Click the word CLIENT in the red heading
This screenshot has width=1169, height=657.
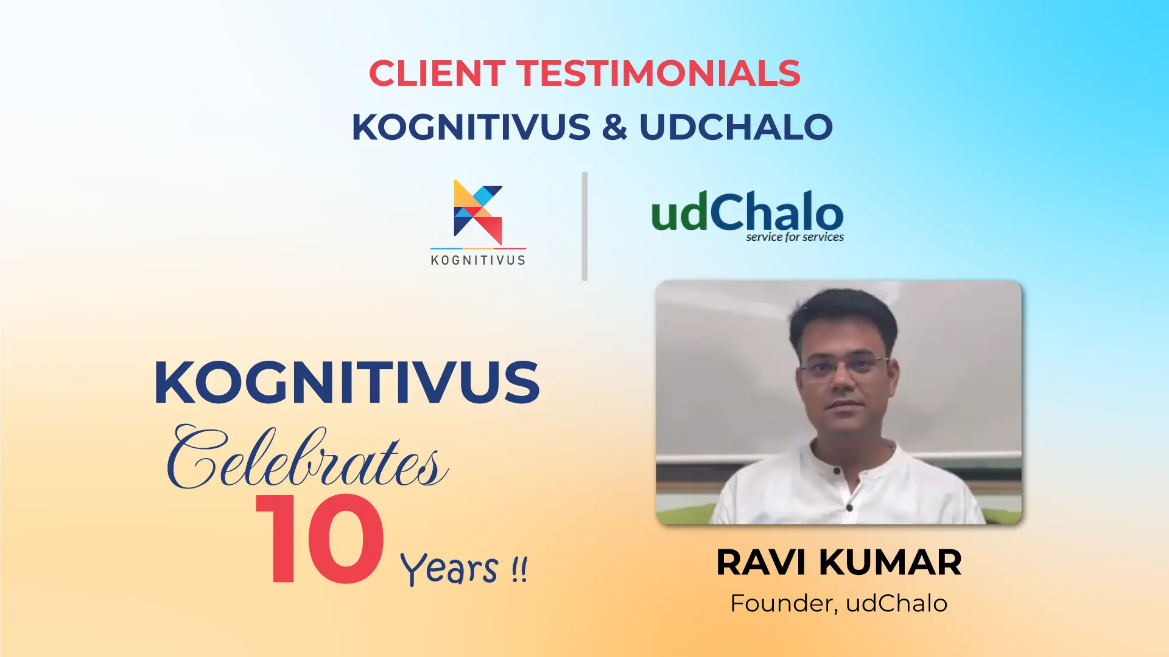(x=437, y=73)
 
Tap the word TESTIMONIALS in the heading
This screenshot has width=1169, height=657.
(x=659, y=73)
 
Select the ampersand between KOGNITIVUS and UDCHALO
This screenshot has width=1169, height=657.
(x=615, y=127)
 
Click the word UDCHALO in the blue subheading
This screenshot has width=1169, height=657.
(x=736, y=127)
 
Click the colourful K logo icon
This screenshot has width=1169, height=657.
(x=478, y=212)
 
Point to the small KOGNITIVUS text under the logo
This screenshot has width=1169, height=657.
(x=478, y=260)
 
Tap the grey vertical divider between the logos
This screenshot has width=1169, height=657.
(x=584, y=226)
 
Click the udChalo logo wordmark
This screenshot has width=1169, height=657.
(x=748, y=211)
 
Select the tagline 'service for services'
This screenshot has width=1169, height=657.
(x=795, y=237)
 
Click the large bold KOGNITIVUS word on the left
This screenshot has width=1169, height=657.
(x=347, y=382)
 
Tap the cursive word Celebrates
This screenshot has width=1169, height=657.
(x=307, y=457)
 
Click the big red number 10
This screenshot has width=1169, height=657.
(x=320, y=539)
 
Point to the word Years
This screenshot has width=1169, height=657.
(x=449, y=569)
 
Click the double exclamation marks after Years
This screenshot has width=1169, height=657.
(x=519, y=569)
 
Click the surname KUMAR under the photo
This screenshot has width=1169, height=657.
(x=890, y=562)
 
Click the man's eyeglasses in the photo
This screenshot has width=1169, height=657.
(x=843, y=366)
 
